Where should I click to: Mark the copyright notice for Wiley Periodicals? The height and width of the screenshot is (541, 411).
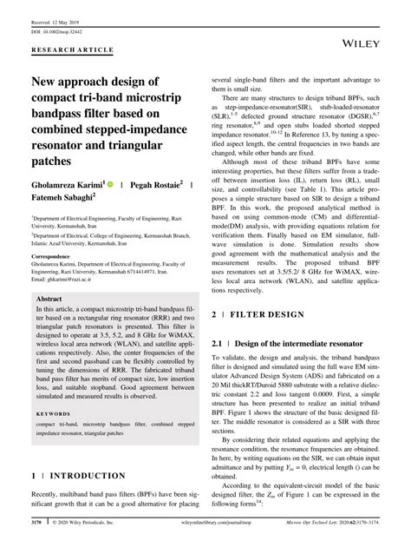96,525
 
